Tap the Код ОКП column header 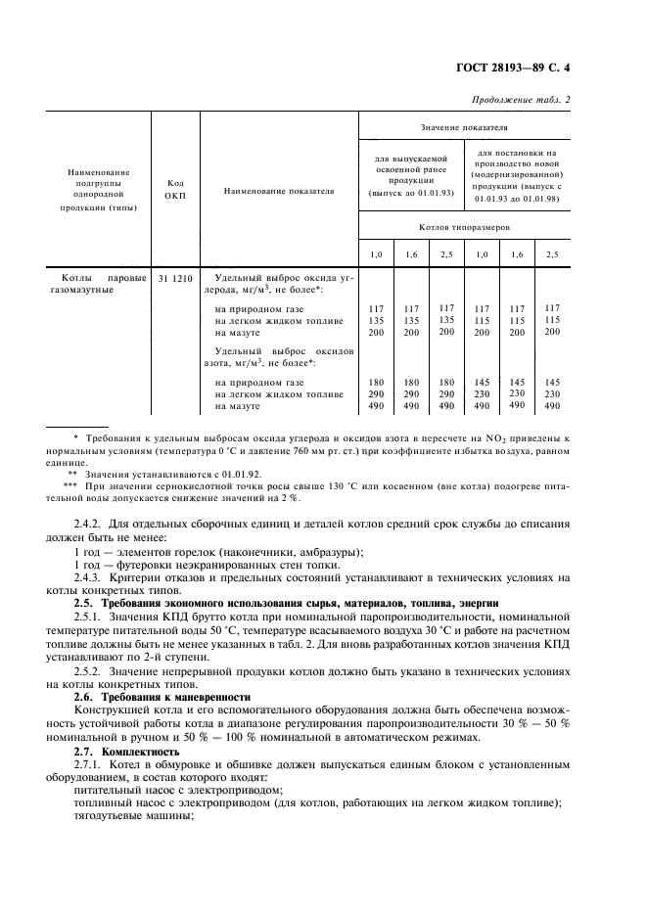click(x=175, y=189)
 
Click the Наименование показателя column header click(x=278, y=191)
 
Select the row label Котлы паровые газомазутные click(x=97, y=284)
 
